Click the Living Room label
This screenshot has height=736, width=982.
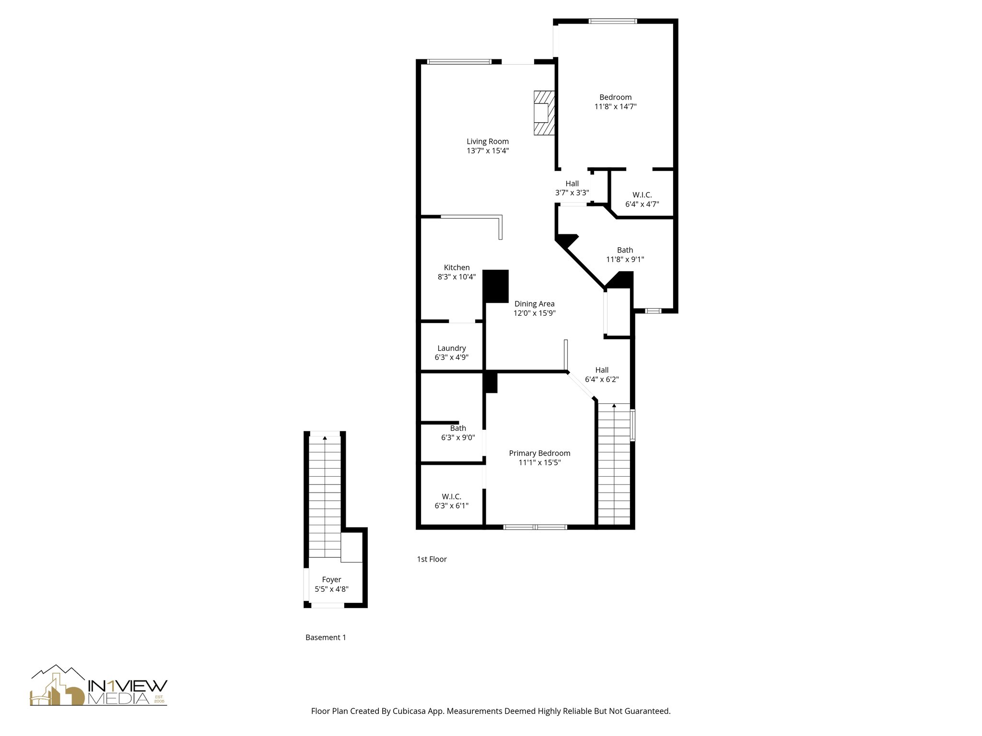(487, 141)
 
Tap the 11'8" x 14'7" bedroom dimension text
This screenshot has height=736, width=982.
(615, 107)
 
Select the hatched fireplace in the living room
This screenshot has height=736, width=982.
(544, 113)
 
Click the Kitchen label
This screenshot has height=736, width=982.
(456, 267)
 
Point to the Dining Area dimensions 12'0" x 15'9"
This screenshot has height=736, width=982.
(534, 313)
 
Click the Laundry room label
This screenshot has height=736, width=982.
(451, 348)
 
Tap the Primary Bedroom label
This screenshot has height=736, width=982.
(539, 453)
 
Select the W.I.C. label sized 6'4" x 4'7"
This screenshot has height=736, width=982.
(642, 195)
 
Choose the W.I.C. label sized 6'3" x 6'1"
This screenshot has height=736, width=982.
(451, 496)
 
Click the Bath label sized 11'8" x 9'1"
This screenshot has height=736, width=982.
(625, 250)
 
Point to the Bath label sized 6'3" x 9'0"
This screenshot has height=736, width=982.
(458, 428)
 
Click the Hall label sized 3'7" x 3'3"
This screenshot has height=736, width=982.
(572, 184)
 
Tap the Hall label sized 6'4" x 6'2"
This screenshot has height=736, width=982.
(602, 370)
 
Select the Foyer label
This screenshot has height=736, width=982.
(331, 580)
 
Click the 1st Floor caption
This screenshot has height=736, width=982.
(432, 559)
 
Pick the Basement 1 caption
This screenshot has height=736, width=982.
(326, 637)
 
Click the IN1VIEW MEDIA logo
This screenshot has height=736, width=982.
(99, 686)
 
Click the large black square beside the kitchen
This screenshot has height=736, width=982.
(495, 286)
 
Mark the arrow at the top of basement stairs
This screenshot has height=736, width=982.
(325, 437)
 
